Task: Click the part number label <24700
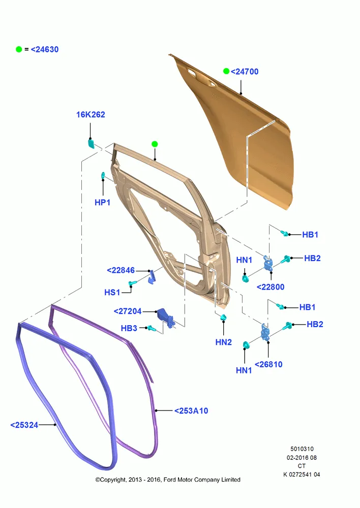coord(245,72)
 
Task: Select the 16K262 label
coord(91,115)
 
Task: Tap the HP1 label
coord(103,203)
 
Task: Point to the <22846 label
coord(121,270)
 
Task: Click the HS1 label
coord(112,292)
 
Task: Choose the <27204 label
coord(128,311)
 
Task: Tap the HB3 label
coord(129,328)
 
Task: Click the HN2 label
coord(223,342)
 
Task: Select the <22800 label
coord(271,287)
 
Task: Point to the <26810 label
coord(268,364)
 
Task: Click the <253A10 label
coord(191,411)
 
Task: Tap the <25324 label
coord(24,425)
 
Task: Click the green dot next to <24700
coord(226,71)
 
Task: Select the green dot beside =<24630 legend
coord(19,49)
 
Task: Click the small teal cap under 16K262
coord(91,144)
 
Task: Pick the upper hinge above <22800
coord(268,264)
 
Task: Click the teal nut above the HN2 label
coord(223,317)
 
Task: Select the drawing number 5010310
coord(302,449)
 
